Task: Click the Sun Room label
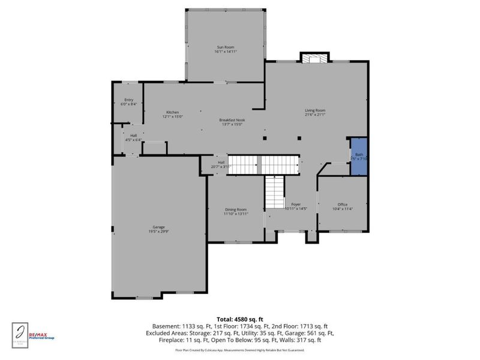click(225, 47)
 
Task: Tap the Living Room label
click(315, 110)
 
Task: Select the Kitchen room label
click(173, 113)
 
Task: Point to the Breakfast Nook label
click(232, 120)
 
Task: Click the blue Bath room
click(359, 157)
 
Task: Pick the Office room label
click(343, 205)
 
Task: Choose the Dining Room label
click(236, 209)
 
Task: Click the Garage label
click(158, 227)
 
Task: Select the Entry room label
click(128, 100)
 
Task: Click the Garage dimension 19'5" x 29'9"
click(158, 232)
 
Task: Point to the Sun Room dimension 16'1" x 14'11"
click(225, 52)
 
